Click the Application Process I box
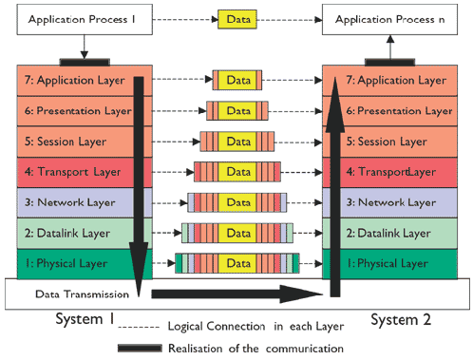[x=84, y=19]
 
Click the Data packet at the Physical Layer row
[x=237, y=262]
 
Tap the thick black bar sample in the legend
[x=152, y=349]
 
